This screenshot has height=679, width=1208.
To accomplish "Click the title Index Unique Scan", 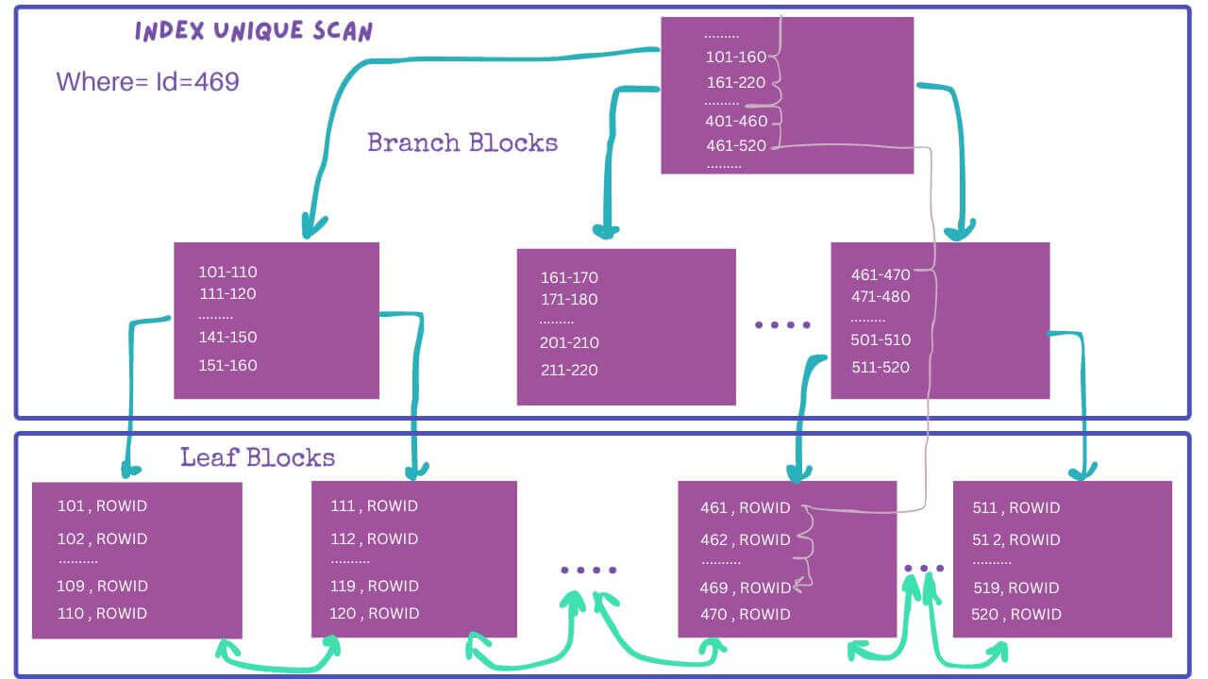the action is [254, 31].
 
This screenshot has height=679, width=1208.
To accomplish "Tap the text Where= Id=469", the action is [148, 82].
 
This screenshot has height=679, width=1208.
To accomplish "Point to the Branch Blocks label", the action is [462, 142].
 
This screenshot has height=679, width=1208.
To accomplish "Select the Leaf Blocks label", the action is [258, 457].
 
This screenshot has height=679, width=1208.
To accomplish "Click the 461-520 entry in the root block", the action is [736, 145].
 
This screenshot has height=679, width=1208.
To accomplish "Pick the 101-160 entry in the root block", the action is [736, 57].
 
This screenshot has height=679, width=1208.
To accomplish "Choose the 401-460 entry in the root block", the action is [736, 121].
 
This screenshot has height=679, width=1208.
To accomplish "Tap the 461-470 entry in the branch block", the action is [881, 274].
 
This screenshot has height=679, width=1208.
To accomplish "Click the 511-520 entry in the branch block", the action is [881, 367].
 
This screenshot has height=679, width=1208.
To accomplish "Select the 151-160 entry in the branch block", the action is [227, 365].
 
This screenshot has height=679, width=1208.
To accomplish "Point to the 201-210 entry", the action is [569, 342].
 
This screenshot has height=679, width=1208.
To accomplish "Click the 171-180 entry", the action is [569, 299].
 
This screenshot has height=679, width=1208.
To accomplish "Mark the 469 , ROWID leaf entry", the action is [746, 588].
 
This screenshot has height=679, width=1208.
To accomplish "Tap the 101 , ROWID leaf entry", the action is [102, 505].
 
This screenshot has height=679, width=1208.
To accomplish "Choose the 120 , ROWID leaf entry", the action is [375, 613].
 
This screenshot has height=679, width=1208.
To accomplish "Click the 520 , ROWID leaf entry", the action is [1016, 614].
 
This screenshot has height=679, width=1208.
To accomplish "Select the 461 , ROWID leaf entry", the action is [746, 507].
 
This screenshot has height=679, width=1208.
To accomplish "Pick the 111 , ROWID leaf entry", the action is [375, 505].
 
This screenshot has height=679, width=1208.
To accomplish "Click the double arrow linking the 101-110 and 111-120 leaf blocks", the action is [277, 667].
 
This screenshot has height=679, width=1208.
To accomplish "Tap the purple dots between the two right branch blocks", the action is [782, 324].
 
